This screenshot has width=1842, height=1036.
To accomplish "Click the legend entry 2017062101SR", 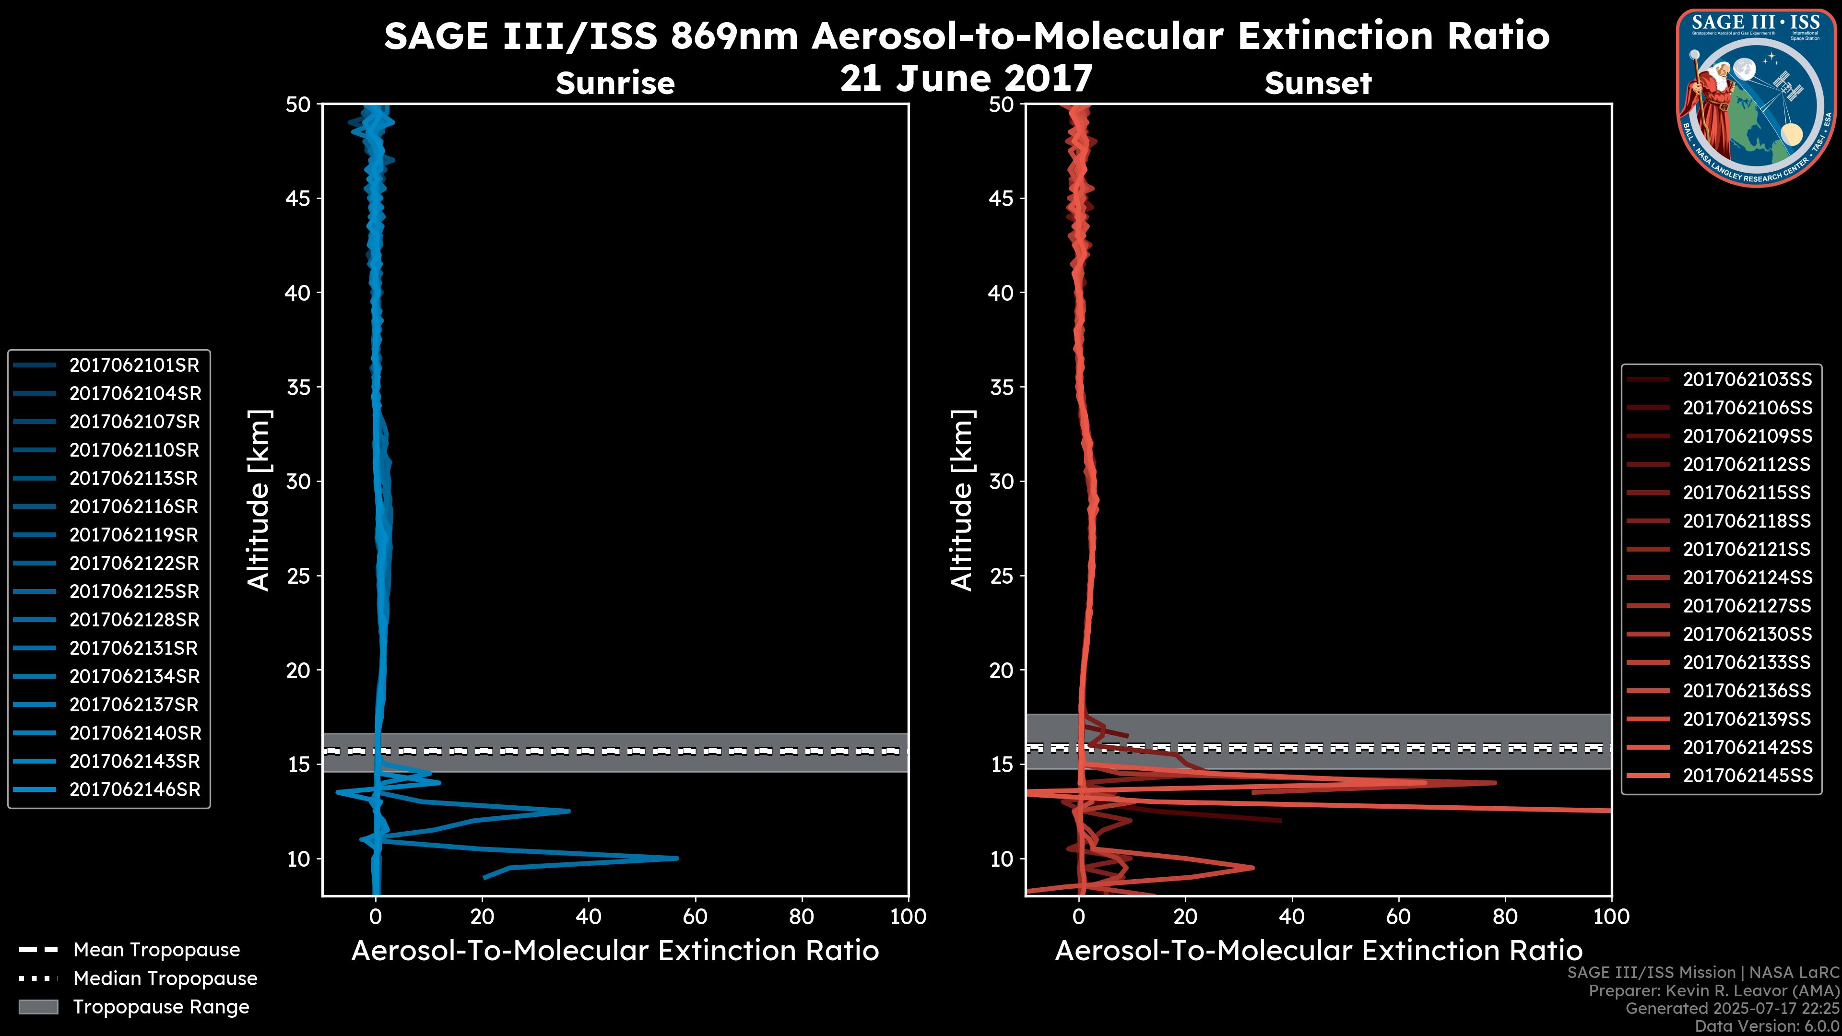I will pos(134,365).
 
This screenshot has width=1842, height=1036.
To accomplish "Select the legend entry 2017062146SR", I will pos(134,790).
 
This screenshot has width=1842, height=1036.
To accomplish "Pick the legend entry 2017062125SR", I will pos(134,592).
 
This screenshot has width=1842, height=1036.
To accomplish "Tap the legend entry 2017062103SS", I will pos(1747,380).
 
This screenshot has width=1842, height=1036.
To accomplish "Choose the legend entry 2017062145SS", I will pos(1747,776).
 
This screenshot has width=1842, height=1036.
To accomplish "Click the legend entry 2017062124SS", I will pos(1747,577).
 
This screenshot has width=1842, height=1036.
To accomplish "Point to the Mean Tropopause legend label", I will pos(156,950).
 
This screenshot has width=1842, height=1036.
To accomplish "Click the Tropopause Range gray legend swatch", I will pos(38,1007).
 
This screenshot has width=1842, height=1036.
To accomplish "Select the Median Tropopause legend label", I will pos(165,979).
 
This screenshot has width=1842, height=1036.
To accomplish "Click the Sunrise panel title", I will pos(615,83).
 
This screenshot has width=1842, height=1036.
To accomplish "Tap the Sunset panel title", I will pos(1318,83).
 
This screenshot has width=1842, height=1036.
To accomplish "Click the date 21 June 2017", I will pos(966,79).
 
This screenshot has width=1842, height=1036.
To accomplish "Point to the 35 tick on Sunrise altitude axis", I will pos(298,388).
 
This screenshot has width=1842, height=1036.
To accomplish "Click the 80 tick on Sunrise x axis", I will pos(802,917).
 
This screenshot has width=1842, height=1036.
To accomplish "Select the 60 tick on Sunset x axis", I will pos(1398,917).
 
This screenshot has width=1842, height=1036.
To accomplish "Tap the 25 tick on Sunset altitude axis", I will pos(1002,576).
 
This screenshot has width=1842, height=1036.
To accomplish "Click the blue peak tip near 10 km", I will pos(676,858).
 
